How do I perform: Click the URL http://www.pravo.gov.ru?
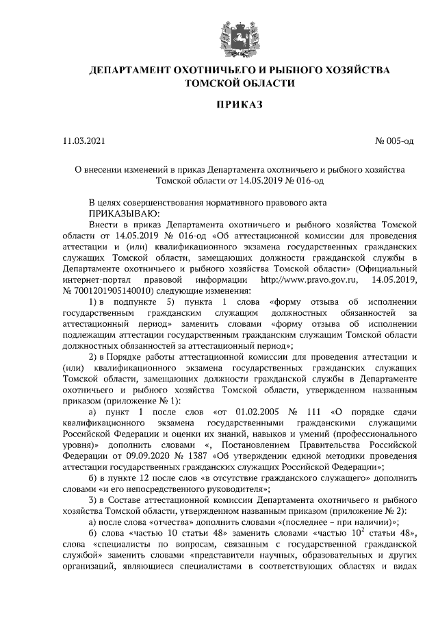pyautogui.click(x=310, y=280)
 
